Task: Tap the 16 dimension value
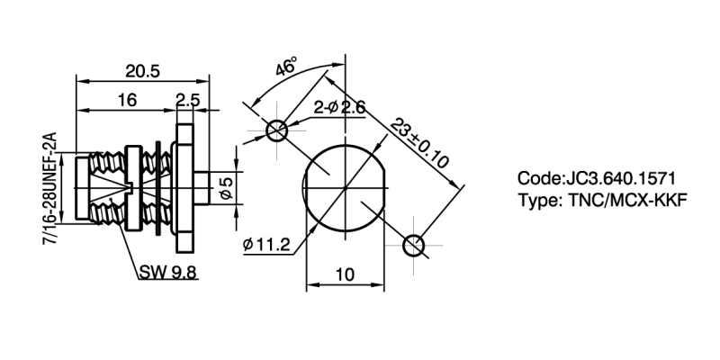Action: (127, 101)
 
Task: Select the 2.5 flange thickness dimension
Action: (187, 101)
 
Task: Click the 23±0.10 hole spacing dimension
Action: (419, 144)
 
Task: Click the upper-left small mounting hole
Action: (276, 130)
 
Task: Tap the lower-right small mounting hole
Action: (413, 245)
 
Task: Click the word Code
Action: (538, 178)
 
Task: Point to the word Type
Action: (537, 200)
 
